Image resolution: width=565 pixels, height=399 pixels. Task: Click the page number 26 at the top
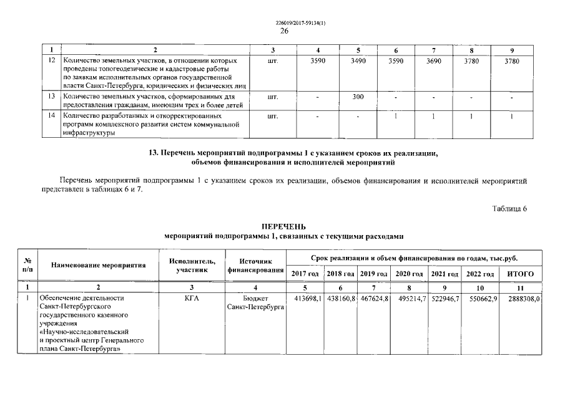(x=284, y=31)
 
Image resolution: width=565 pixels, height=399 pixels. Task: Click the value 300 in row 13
(x=358, y=97)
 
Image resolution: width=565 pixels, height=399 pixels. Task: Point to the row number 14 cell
(x=52, y=116)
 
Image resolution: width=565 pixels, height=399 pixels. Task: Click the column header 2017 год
(x=305, y=274)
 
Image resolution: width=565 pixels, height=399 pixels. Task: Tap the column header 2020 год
(x=410, y=274)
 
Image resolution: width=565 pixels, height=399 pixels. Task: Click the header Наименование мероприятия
(x=98, y=266)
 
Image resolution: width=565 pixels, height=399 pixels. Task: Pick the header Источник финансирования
(x=256, y=266)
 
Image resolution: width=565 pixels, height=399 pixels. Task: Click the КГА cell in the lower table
(x=192, y=299)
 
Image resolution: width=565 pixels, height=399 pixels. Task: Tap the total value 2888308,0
(x=523, y=299)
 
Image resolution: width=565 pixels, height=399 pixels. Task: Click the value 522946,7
(x=445, y=299)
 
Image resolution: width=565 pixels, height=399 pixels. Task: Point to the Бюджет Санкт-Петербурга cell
(x=256, y=303)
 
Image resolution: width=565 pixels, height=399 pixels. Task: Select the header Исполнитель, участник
(x=192, y=266)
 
